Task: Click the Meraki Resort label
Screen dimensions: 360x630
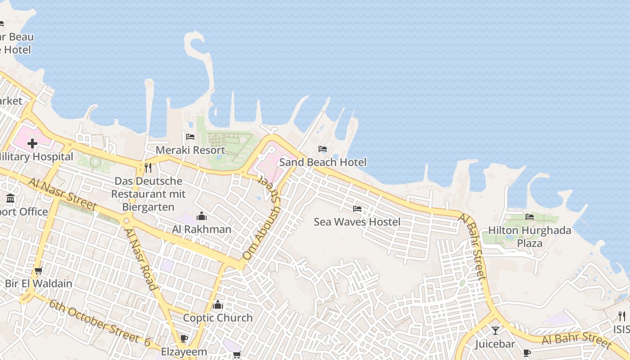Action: [x=190, y=150]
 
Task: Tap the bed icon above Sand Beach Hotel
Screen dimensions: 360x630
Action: [x=323, y=149]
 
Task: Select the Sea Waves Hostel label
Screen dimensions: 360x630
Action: [x=357, y=222]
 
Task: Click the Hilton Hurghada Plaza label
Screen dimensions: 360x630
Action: [x=530, y=237]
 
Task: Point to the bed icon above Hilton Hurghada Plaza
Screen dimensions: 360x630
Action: [x=530, y=217]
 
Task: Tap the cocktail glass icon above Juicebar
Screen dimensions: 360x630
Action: [x=495, y=331]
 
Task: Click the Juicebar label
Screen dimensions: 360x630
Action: [x=495, y=344]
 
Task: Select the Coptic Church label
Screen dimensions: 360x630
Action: [x=218, y=318]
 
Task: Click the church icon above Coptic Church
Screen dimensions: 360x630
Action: [x=218, y=305]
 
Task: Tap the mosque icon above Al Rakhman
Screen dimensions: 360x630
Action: [x=202, y=216]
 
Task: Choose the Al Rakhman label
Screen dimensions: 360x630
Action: [x=202, y=229]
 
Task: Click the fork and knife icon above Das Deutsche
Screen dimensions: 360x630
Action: [x=148, y=168]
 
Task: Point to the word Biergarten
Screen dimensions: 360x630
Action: [x=148, y=207]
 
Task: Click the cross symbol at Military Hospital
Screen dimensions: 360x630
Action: [x=32, y=144]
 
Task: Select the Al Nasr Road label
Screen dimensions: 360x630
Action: [x=140, y=259]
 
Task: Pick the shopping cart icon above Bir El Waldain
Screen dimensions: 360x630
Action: [x=39, y=270]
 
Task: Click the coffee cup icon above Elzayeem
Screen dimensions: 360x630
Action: [x=184, y=338]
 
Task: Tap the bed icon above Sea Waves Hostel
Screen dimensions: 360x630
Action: [x=357, y=209]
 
